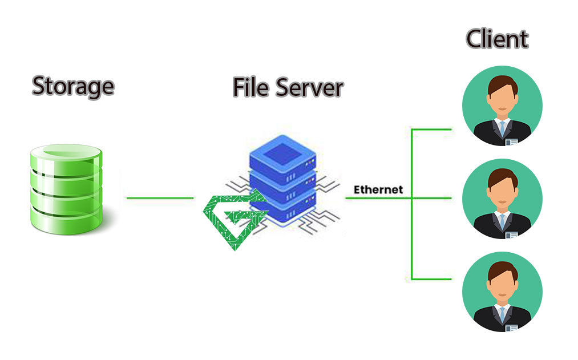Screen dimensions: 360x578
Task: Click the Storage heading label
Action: (x=72, y=86)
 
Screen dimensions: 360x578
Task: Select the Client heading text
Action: (x=497, y=39)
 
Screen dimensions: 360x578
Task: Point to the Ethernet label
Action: (x=378, y=189)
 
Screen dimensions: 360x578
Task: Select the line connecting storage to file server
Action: (x=160, y=198)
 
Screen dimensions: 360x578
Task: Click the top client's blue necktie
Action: (x=502, y=128)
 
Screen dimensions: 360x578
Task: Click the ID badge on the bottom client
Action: (x=511, y=327)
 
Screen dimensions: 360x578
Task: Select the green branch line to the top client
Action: (x=432, y=130)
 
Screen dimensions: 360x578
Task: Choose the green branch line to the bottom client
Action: (x=432, y=279)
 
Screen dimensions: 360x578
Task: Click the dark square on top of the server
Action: (x=282, y=150)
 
